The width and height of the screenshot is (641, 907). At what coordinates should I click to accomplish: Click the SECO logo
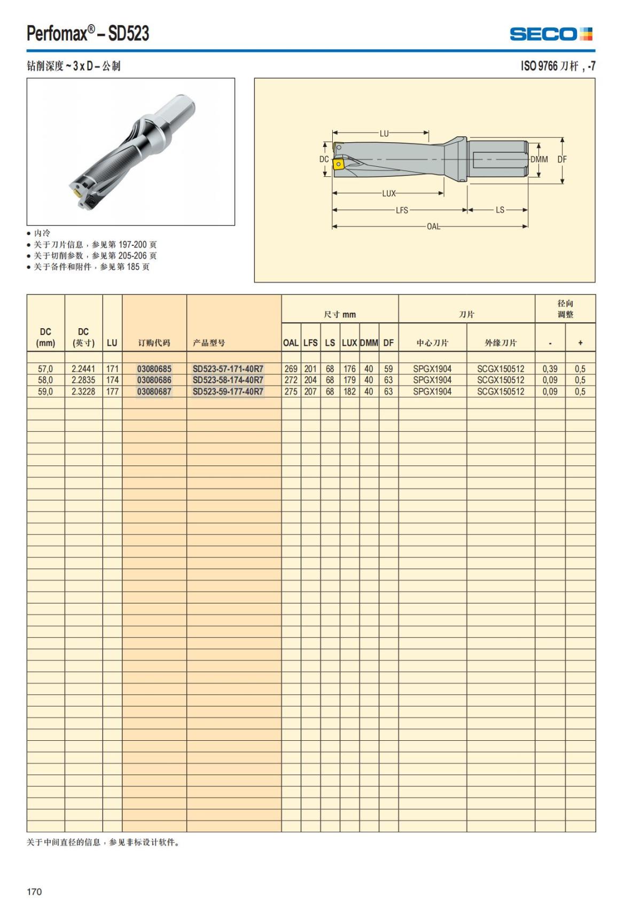[x=551, y=34]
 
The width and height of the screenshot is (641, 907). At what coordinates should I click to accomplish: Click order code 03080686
[x=154, y=380]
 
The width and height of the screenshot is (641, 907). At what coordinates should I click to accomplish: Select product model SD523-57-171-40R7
[x=228, y=369]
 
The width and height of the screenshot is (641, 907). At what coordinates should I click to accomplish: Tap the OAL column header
[x=291, y=343]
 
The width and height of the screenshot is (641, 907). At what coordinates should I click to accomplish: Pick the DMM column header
[x=369, y=343]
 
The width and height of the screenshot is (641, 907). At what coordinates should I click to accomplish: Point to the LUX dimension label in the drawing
[x=388, y=193]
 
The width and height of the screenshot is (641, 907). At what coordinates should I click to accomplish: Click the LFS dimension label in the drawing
[x=402, y=210]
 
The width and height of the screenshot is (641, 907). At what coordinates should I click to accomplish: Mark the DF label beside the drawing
[x=562, y=159]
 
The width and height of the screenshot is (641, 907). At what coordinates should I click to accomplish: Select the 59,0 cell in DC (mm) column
[x=45, y=391]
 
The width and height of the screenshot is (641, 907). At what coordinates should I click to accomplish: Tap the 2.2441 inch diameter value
[x=83, y=369]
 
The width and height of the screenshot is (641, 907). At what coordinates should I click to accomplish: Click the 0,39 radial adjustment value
[x=550, y=369]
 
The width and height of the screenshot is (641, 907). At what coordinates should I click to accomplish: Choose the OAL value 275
[x=291, y=391]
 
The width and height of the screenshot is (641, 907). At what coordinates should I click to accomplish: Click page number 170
[x=34, y=892]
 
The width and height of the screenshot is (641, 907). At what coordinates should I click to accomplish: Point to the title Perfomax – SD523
[x=88, y=34]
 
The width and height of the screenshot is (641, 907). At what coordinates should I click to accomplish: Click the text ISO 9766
[x=539, y=66]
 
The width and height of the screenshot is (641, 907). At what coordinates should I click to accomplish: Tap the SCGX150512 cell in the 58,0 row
[x=501, y=380]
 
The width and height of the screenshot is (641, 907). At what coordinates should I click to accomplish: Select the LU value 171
[x=112, y=369]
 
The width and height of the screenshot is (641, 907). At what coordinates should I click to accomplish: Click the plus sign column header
[x=580, y=343]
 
